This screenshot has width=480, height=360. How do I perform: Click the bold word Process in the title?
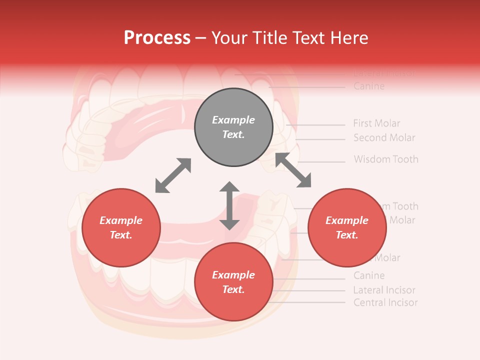157,38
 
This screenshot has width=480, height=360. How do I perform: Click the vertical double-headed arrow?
229,205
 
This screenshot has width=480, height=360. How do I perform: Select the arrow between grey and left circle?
173,175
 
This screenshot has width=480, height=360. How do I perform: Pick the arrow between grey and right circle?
293,170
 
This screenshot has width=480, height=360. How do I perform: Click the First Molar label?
376,123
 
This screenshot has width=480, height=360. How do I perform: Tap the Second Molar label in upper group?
384,137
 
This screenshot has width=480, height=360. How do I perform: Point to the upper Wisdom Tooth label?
386,159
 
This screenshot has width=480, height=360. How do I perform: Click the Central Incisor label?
385,302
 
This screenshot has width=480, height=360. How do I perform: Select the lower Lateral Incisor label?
384,290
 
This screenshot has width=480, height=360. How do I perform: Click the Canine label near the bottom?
369,275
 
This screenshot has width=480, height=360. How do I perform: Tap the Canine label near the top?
369,86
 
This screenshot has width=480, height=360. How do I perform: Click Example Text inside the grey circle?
233,127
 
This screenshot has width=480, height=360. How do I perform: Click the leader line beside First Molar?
315,124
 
